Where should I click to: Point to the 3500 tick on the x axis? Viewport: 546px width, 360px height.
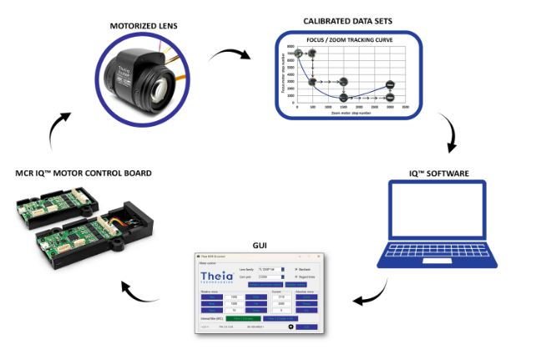tap(406, 109)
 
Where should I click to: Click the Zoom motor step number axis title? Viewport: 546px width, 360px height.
tap(346, 114)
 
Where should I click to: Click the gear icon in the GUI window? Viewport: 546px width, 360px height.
tap(290, 326)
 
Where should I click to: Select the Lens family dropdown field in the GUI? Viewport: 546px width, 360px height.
tap(270, 269)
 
